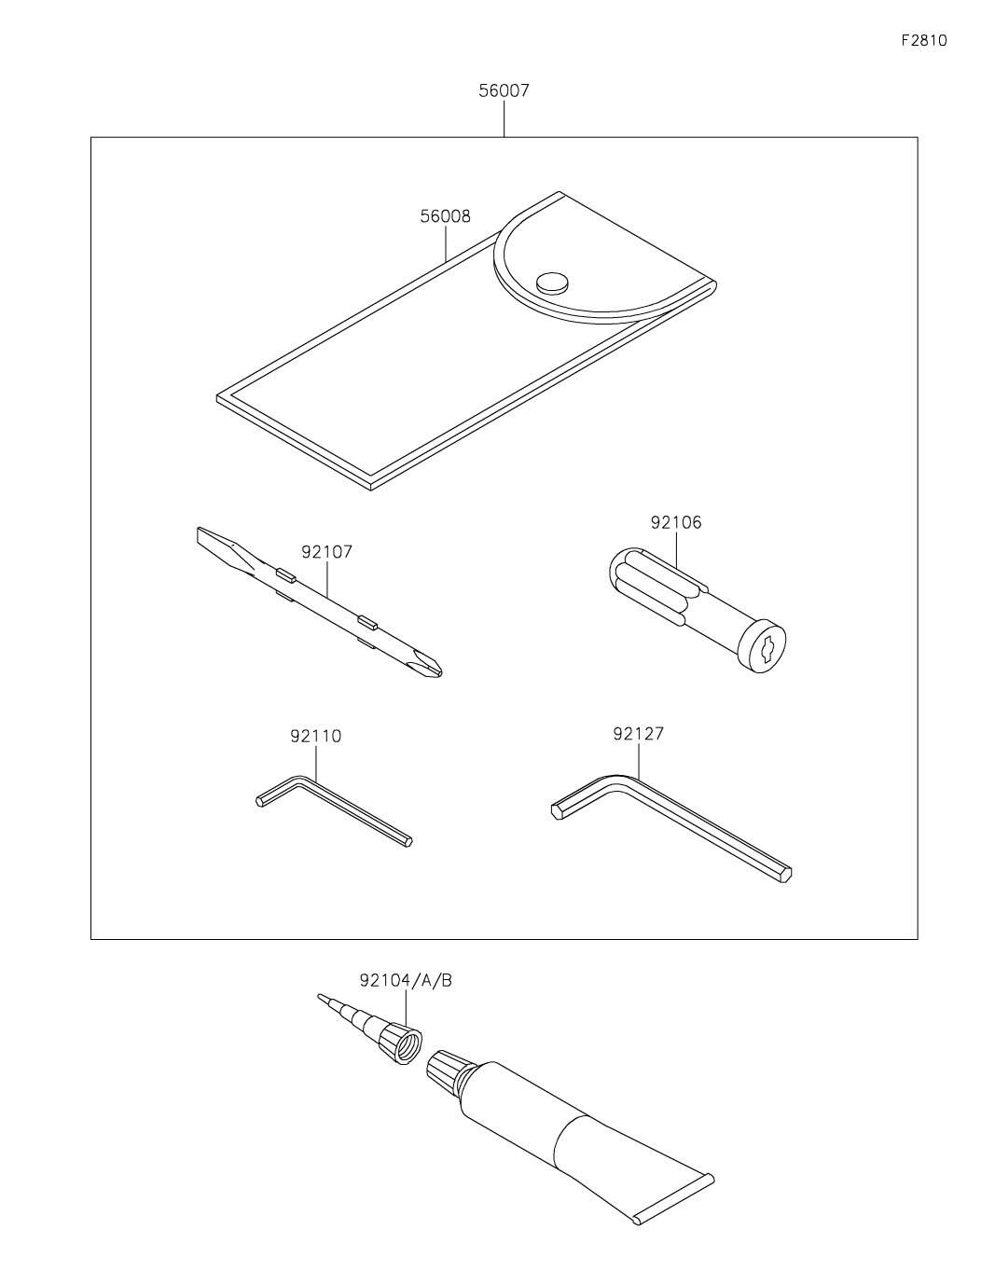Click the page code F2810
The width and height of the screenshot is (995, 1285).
click(923, 41)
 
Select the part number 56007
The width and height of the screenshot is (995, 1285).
click(504, 91)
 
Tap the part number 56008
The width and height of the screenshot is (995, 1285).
click(445, 216)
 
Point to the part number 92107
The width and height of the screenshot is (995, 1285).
click(326, 552)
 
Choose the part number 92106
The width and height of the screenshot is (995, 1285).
click(676, 522)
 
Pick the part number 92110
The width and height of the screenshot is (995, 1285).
click(315, 736)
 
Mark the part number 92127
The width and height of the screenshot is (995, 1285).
click(638, 734)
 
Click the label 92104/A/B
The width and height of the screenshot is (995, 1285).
click(406, 980)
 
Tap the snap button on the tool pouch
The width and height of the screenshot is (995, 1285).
click(552, 281)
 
